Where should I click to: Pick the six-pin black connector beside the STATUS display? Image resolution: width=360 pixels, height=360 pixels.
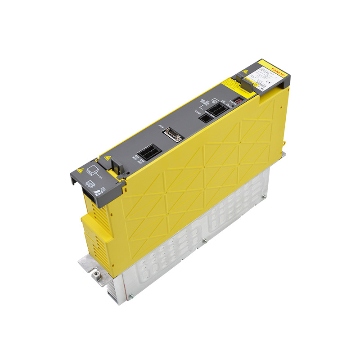pyautogui.click(x=218, y=108)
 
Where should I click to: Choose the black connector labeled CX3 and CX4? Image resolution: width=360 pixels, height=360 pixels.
pyautogui.click(x=147, y=152)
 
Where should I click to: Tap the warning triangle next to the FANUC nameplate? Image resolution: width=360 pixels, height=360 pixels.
pyautogui.click(x=245, y=72)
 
